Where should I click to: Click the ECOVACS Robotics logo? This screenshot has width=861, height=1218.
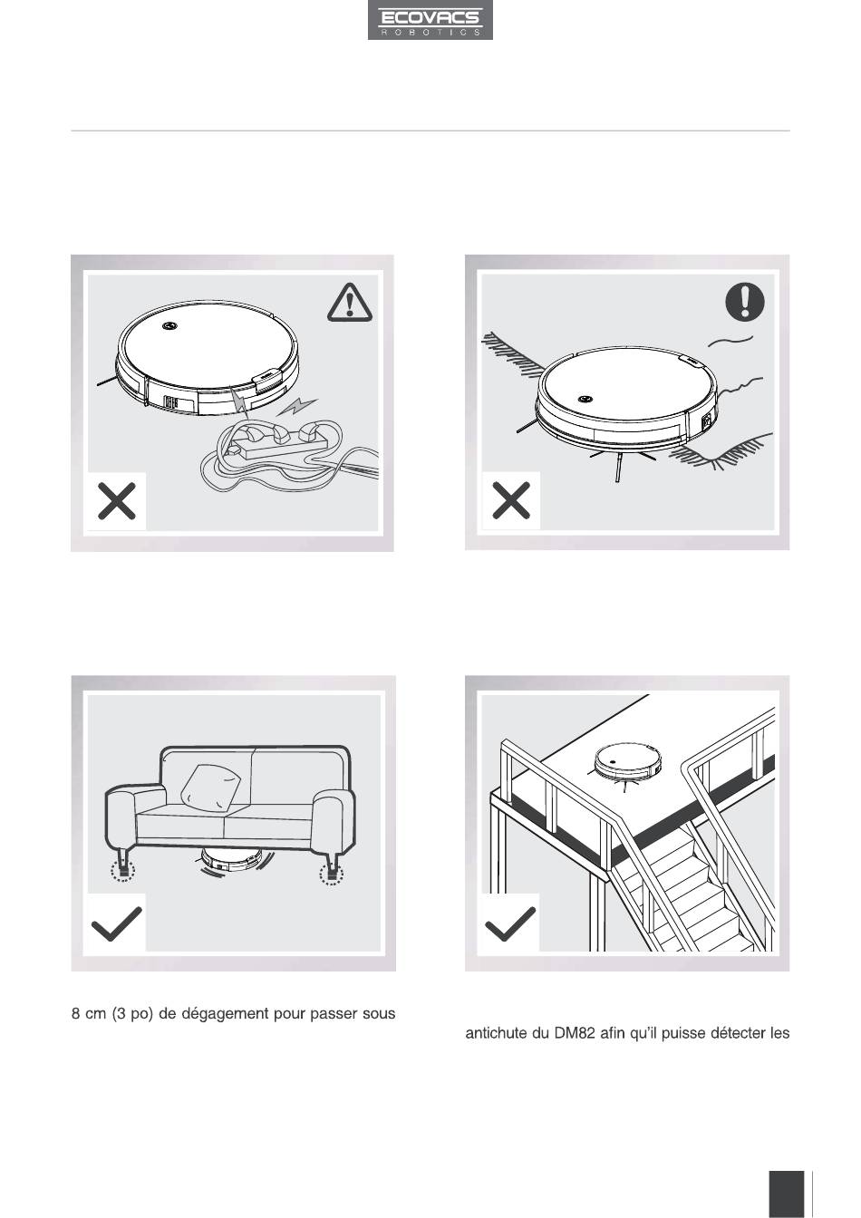pos(430,20)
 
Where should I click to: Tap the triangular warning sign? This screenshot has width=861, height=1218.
pos(350,303)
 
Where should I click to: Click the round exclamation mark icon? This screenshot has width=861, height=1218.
pos(745,301)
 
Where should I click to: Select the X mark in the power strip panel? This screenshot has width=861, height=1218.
pos(116,501)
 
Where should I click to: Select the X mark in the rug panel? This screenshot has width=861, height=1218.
pos(510,500)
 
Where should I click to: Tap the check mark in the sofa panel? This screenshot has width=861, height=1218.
pos(117,923)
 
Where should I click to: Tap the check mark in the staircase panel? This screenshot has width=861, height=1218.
pos(509,923)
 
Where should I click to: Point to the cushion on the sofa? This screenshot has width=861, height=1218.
pos(210,788)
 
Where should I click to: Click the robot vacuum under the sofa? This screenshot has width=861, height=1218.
pos(231,860)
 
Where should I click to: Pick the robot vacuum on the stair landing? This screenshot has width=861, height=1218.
pos(629,760)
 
